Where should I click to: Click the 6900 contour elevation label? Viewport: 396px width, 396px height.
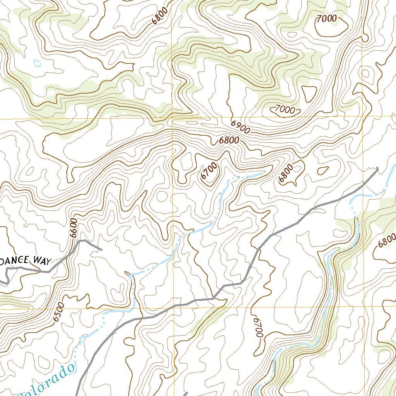coord(241,127)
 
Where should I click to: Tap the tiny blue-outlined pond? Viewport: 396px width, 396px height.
coord(38,63)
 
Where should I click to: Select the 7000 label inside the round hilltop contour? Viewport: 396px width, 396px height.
coord(327,18)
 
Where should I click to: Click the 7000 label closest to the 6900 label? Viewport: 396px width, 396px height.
coord(285,109)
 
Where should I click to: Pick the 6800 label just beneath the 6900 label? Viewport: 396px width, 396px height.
coord(229,140)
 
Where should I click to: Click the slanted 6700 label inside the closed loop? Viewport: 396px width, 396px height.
coord(209,171)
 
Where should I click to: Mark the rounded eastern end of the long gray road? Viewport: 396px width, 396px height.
coord(377,168)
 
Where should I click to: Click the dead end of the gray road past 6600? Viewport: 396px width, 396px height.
coord(101,249)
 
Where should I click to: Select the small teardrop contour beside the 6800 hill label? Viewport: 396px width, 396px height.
coord(323,170)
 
